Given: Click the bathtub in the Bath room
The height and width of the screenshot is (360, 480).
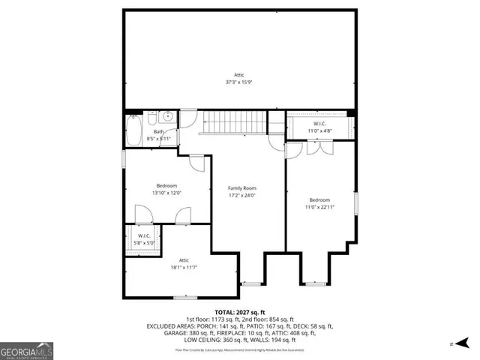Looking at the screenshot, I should click(x=134, y=130).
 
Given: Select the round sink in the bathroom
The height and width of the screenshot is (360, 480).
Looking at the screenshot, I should click(x=168, y=117).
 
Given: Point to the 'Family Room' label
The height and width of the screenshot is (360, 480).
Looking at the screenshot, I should click(x=243, y=188).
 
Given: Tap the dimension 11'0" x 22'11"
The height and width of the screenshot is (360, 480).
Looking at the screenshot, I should click(x=319, y=207).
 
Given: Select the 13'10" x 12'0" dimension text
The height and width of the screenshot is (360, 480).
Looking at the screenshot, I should click(x=166, y=193).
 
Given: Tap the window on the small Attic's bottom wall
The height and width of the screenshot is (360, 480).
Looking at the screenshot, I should click(x=184, y=298).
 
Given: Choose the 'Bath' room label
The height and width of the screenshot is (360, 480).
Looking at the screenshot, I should click(x=159, y=131).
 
